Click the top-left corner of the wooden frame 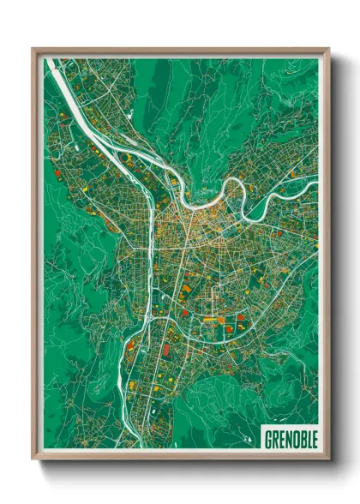33,49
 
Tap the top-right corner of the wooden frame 328,49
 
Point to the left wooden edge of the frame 36,257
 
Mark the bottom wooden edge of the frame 180,454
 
